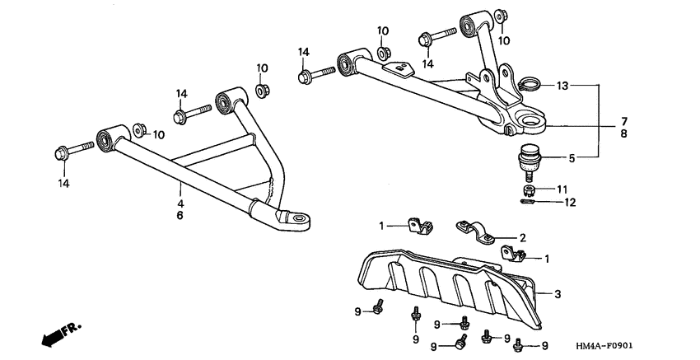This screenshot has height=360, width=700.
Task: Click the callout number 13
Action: tap(562, 86)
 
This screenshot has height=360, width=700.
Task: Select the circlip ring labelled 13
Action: tap(531, 84)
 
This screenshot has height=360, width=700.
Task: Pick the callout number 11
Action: tap(562, 189)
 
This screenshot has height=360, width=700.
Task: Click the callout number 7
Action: tap(624, 121)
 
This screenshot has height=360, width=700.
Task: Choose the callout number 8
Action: tap(624, 133)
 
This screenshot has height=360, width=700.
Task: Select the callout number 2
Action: tap(522, 236)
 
